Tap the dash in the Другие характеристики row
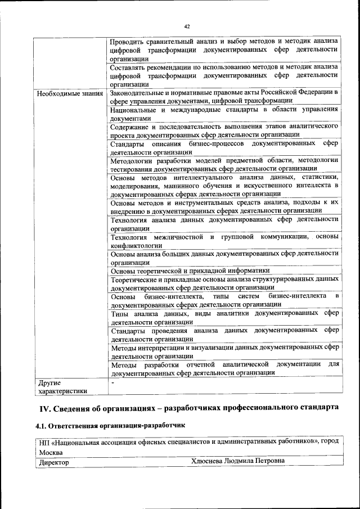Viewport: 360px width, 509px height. (112, 382)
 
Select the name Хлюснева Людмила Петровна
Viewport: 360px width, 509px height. (238, 461)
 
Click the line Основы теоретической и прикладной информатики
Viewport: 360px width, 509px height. (190, 271)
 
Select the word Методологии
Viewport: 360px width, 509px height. (133, 160)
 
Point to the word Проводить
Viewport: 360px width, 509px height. (128, 40)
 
